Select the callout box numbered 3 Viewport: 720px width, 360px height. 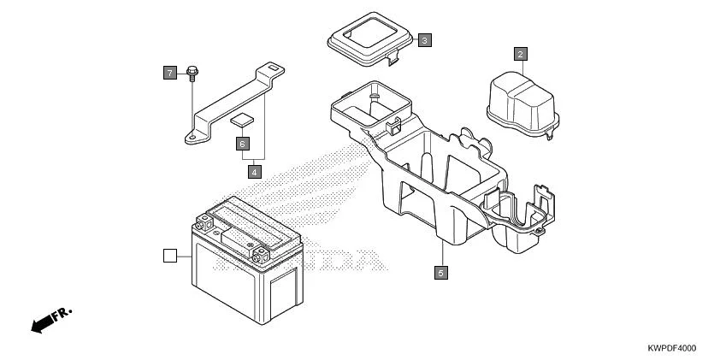(425, 39)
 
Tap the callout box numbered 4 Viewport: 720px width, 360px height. (254, 171)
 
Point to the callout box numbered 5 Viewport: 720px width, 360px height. (440, 273)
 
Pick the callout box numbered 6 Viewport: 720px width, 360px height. (242, 144)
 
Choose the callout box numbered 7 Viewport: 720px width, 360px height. (169, 73)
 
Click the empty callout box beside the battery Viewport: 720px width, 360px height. (169, 255)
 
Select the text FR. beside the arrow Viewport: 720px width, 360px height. (63, 312)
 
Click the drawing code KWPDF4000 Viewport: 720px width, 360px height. (671, 348)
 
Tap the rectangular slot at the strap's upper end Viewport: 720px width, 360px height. (272, 67)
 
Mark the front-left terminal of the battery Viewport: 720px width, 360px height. (204, 225)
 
